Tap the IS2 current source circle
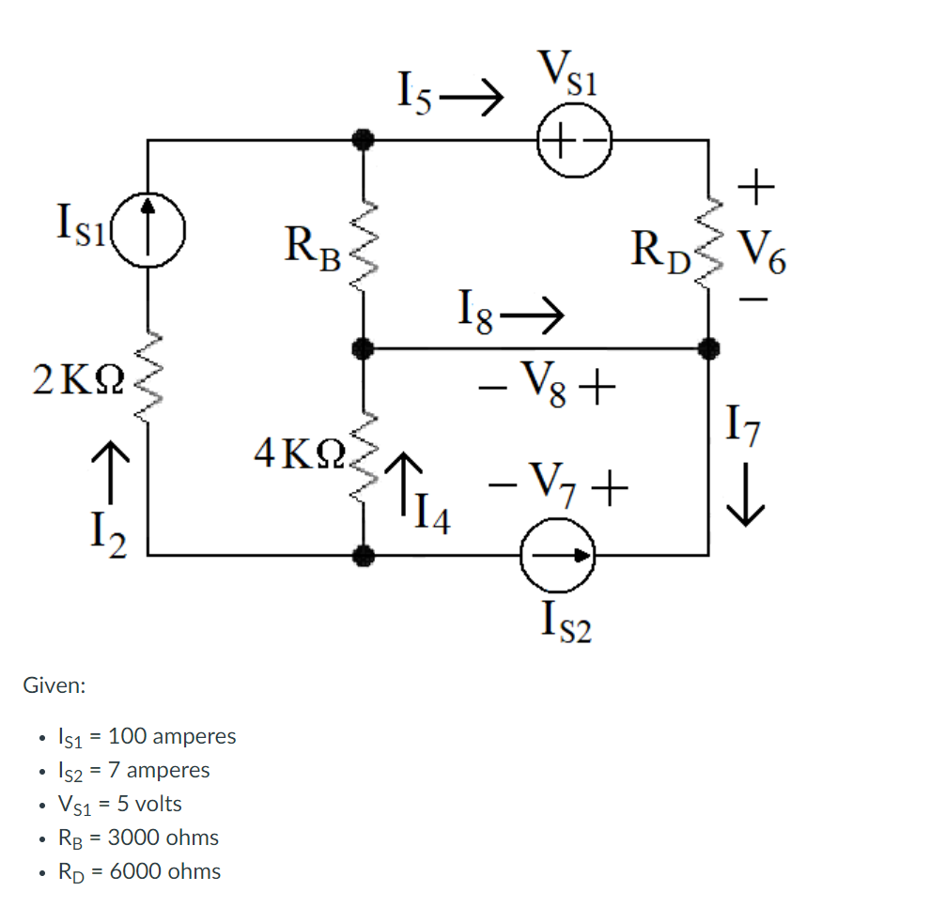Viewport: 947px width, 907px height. (559, 556)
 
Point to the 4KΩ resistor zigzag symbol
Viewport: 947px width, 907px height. (363, 451)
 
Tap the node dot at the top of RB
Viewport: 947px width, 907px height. (363, 140)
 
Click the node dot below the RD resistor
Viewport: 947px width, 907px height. (709, 348)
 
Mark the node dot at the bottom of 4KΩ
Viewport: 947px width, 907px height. (363, 556)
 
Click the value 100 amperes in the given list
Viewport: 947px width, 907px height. (172, 735)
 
